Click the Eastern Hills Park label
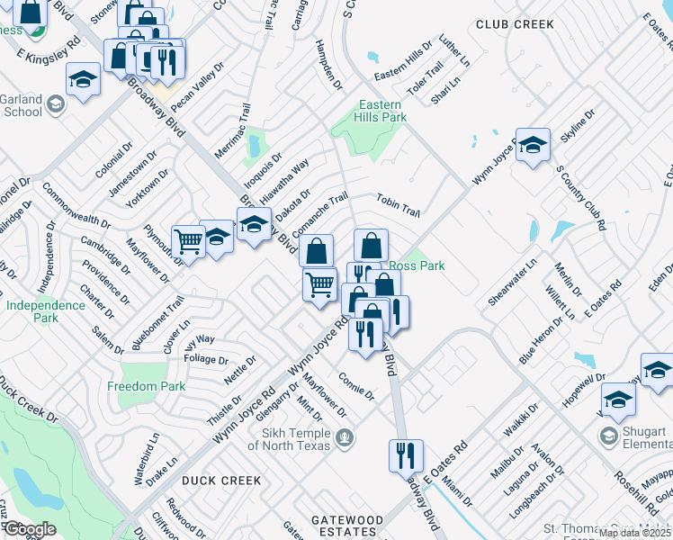click(382, 111)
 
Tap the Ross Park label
click(418, 266)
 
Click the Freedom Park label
click(146, 386)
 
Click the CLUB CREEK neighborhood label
click(515, 24)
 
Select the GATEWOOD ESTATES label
click(347, 526)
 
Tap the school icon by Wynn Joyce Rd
click(533, 145)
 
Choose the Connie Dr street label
click(356, 387)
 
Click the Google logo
click(29, 529)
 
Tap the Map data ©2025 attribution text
click(634, 533)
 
